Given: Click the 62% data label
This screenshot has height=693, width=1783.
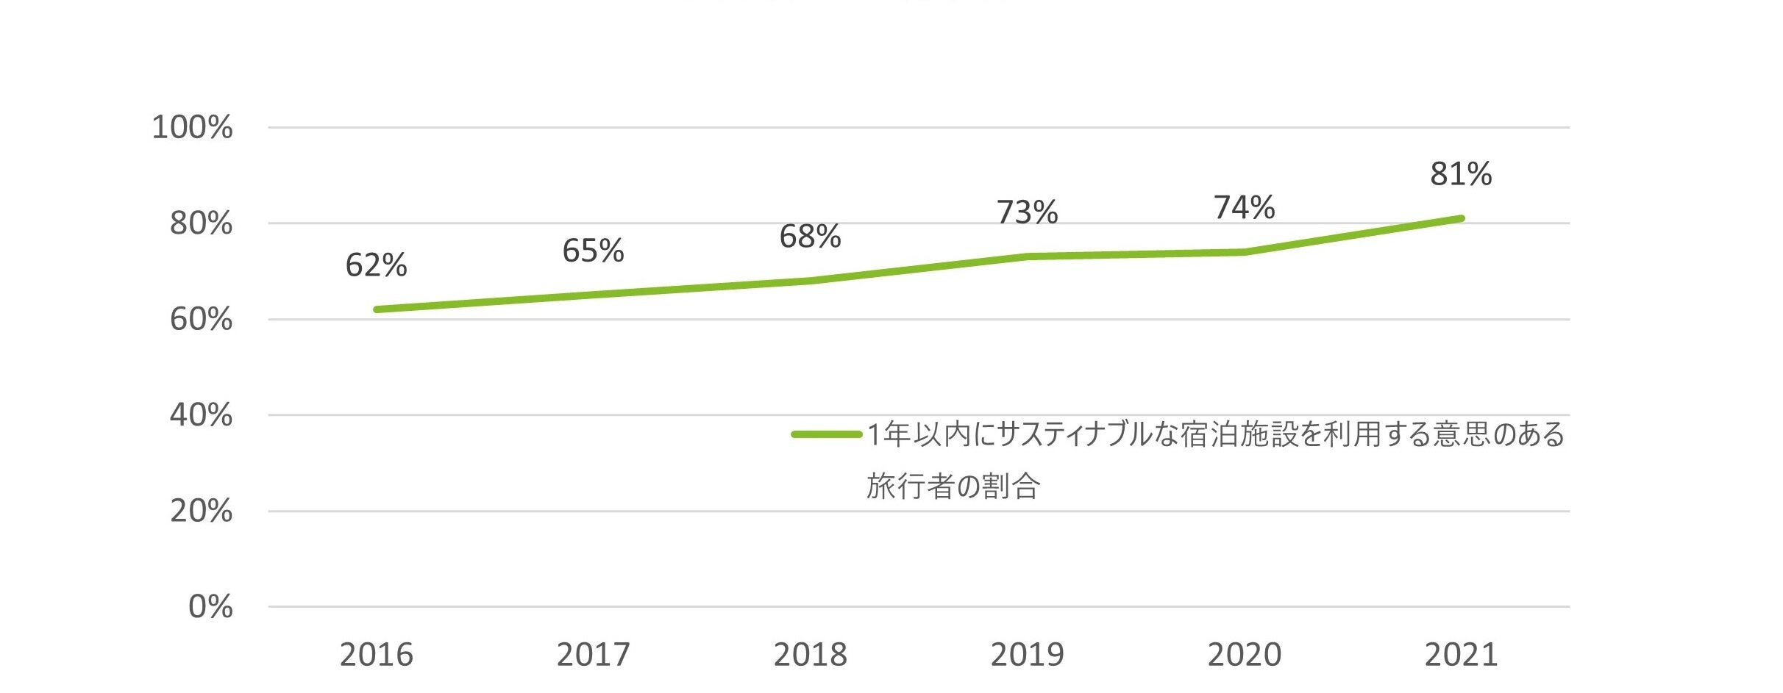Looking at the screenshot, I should (x=376, y=265).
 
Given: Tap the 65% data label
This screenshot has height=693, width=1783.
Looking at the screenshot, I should (x=593, y=251).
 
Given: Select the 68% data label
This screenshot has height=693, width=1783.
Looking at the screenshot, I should (x=810, y=237).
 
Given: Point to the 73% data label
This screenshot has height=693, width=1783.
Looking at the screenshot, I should (x=1027, y=212).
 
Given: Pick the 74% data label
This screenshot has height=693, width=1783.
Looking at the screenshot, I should (x=1244, y=208).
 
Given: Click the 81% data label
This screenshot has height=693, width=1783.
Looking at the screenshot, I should (x=1461, y=174).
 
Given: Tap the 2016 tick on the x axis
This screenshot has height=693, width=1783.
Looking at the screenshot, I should (x=376, y=654).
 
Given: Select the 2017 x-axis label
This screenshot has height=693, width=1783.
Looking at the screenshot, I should (x=593, y=654).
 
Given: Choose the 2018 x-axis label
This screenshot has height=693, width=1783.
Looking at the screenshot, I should (x=810, y=654).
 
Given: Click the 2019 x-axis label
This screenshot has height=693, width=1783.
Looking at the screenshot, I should (x=1027, y=654).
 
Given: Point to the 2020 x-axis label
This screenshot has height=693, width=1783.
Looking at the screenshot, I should (x=1244, y=654).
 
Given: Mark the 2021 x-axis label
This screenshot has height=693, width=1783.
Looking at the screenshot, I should (x=1461, y=654).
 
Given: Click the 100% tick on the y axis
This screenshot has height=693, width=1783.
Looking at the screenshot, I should (x=192, y=128).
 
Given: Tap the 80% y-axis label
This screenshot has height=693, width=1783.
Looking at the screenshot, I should (x=201, y=223).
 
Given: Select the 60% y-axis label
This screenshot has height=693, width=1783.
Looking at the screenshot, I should (x=201, y=320).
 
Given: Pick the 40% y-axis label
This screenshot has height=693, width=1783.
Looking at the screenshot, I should (x=201, y=415).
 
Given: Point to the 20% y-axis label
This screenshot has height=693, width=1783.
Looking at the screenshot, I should (x=201, y=511).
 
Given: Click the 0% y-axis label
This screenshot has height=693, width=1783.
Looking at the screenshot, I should (x=210, y=607).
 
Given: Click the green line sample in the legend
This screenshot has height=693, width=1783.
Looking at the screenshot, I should (x=826, y=435).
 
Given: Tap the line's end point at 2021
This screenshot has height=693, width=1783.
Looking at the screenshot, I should (x=1461, y=218).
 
